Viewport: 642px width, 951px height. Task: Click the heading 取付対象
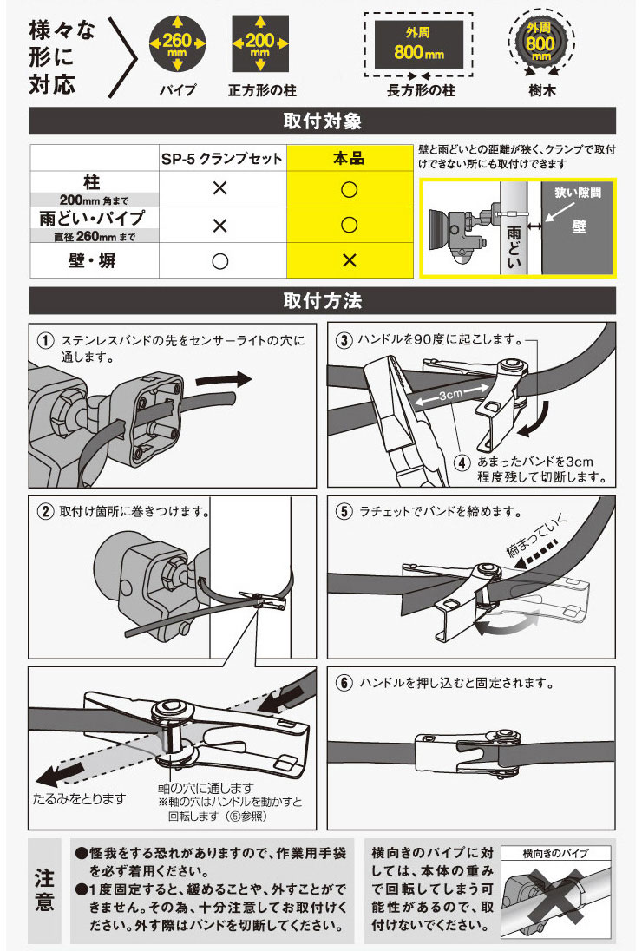coord(322,121)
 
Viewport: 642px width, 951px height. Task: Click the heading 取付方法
coord(322,300)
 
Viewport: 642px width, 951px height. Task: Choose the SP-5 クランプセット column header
coord(221,159)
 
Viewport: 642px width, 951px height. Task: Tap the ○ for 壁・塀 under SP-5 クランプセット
coord(220,260)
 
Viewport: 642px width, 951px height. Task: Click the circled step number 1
coord(43,340)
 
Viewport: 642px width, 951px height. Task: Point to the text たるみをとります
coord(79,797)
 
